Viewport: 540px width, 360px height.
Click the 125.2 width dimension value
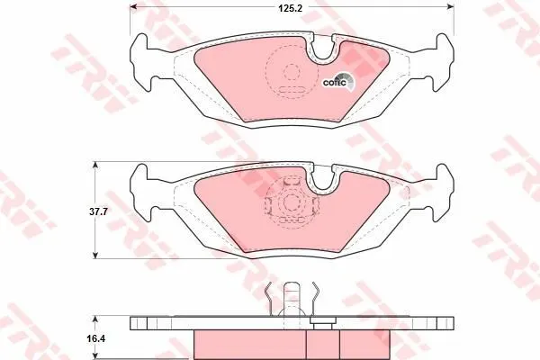pyautogui.click(x=290, y=8)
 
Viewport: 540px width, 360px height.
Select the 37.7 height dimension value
pyautogui.click(x=98, y=211)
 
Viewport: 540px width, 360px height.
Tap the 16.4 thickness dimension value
pyautogui.click(x=98, y=338)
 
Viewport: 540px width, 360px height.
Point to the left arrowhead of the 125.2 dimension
pyautogui.click(x=133, y=6)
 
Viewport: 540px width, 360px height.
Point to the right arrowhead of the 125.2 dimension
pyautogui.click(x=451, y=6)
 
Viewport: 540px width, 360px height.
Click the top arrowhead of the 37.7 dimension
pyautogui.click(x=95, y=166)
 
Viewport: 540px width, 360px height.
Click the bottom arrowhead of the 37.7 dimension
pyautogui.click(x=95, y=255)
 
